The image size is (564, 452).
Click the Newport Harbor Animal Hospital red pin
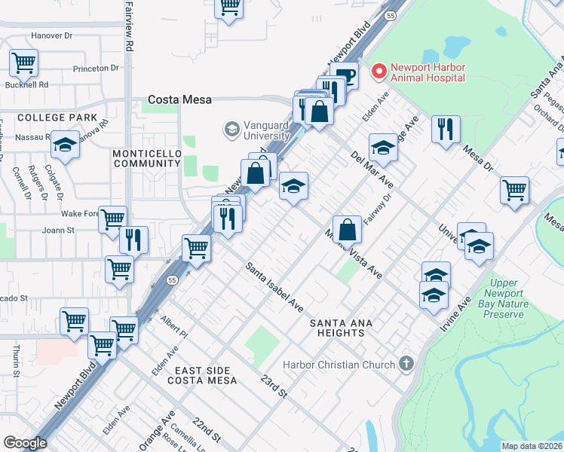(x=379, y=72)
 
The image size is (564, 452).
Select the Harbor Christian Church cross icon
(x=406, y=365)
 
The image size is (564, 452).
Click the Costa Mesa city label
(x=179, y=99)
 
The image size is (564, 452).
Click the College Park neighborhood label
(x=57, y=118)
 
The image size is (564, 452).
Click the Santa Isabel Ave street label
(x=274, y=289)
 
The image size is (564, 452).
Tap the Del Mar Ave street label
(x=372, y=169)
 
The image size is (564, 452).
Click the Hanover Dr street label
(x=52, y=35)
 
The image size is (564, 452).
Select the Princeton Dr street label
(x=97, y=68)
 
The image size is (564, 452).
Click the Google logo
(x=25, y=443)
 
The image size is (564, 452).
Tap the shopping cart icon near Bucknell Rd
(x=23, y=63)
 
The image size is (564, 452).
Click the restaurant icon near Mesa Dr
(x=446, y=128)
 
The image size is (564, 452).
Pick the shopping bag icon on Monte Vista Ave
(x=347, y=229)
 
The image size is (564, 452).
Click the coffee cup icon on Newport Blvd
(x=344, y=75)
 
